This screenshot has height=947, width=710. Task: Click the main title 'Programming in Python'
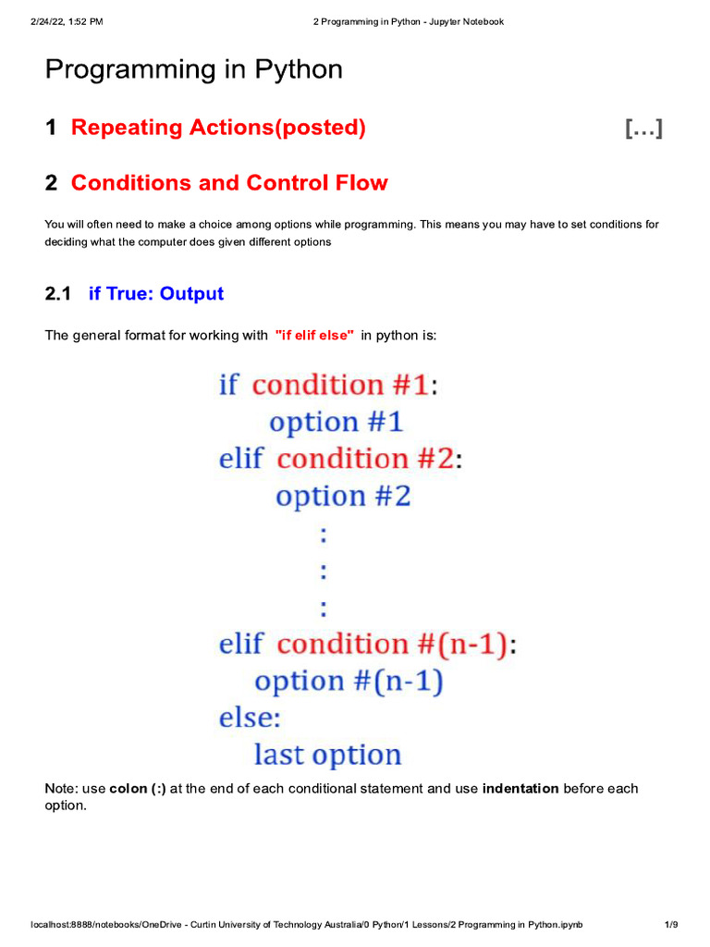[194, 69]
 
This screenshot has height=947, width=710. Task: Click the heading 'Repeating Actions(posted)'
[218, 128]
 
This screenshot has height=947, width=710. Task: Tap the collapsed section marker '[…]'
[643, 129]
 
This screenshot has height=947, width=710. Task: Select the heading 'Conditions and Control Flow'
[229, 183]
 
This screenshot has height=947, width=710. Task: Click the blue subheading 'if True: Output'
[156, 294]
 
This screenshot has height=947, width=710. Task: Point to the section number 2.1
[57, 294]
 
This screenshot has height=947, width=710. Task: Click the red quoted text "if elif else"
[314, 335]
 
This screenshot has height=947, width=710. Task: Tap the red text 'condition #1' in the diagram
[340, 385]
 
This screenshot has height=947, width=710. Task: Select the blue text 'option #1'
[337, 423]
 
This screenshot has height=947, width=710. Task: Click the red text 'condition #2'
[365, 459]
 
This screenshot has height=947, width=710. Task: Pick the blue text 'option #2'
[343, 497]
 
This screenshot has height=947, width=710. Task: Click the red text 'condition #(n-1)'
[392, 644]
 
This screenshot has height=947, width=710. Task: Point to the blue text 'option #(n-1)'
[349, 682]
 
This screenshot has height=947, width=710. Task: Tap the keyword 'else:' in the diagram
[250, 718]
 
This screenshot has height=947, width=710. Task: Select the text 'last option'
[327, 755]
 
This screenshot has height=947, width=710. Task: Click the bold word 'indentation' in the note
[520, 789]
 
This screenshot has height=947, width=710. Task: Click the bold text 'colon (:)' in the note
[138, 789]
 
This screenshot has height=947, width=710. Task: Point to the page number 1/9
[671, 925]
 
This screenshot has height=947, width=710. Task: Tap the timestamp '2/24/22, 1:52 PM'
[66, 21]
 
